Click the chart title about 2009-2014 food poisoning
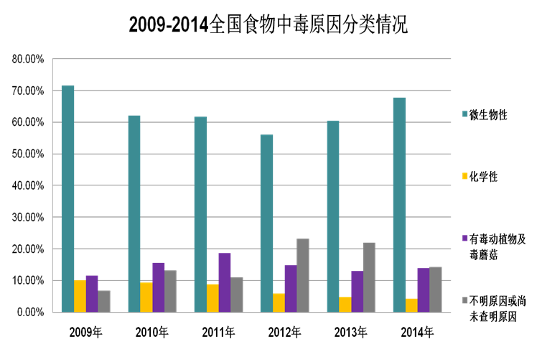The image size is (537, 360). coord(268,26)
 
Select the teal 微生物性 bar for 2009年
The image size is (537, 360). coord(67,198)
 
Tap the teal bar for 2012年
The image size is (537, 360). coord(266,223)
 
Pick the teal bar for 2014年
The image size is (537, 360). coord(399,205)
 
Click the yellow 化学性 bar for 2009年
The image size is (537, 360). coord(80,296)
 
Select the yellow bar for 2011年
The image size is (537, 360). coord(213,298)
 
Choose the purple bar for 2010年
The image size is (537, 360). coord(159,287)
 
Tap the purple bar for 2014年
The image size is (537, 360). coord(423,290)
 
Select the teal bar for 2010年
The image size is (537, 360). coord(134,213)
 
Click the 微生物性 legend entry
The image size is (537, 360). coord(488,114)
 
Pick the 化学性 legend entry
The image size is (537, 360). coord(482,176)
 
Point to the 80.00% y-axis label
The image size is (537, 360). coord(28,59)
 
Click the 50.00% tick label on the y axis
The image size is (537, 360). coord(28,154)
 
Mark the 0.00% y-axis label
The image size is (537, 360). coord(30,313)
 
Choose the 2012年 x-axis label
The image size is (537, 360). coord(284,332)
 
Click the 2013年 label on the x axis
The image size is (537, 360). coord(350,332)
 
